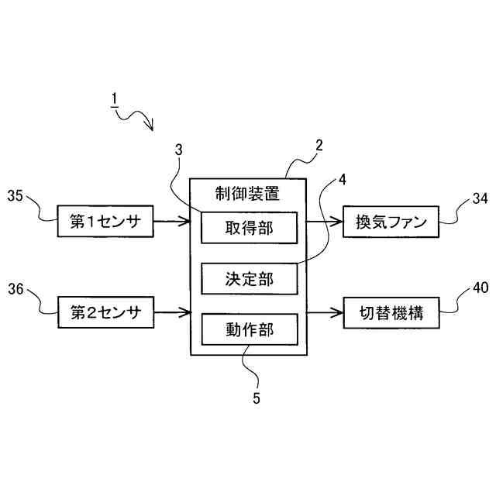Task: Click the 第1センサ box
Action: pos(106,222)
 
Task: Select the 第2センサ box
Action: pos(106,313)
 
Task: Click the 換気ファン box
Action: pos(391,222)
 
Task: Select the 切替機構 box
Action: pos(391,313)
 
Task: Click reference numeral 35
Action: pos(16,198)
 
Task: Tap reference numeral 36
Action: pos(16,290)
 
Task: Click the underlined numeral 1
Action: pos(114,99)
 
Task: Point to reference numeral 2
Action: pos(319,145)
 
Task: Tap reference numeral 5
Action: pos(257,399)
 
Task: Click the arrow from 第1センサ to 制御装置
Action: pos(172,222)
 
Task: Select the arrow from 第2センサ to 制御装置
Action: pos(172,313)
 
